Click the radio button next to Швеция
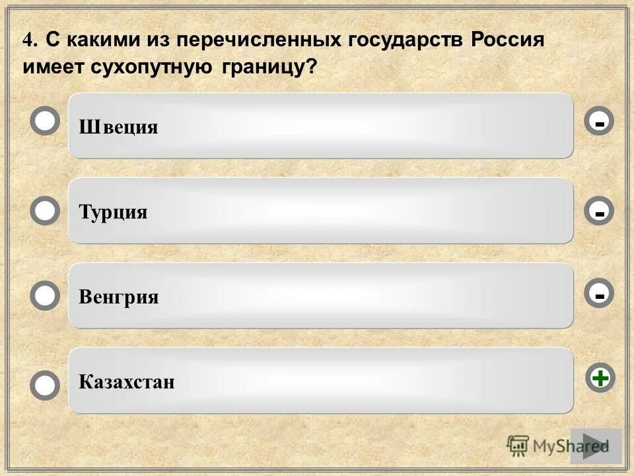click(45, 122)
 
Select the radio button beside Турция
click(45, 211)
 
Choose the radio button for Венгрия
click(45, 296)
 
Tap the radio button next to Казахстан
click(45, 385)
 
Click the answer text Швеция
click(119, 127)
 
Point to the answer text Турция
click(113, 212)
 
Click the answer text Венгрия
click(119, 297)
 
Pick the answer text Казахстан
click(127, 381)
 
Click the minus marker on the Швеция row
click(599, 122)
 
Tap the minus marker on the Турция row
click(599, 212)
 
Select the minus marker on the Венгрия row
click(599, 295)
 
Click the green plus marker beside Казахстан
click(600, 378)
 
